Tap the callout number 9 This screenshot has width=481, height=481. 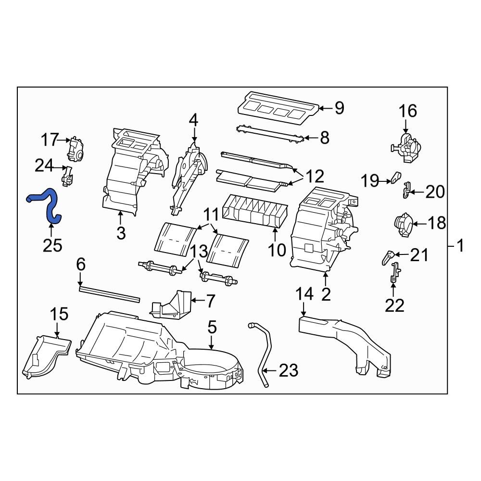pyautogui.click(x=340, y=108)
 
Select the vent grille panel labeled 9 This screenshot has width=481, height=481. pyautogui.click(x=278, y=106)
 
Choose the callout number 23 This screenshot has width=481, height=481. pyautogui.click(x=288, y=370)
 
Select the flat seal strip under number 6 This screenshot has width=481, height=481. pyautogui.click(x=110, y=293)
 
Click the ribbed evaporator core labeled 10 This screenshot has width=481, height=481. pyautogui.click(x=255, y=212)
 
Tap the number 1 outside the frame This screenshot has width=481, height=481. pyautogui.click(x=460, y=246)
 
